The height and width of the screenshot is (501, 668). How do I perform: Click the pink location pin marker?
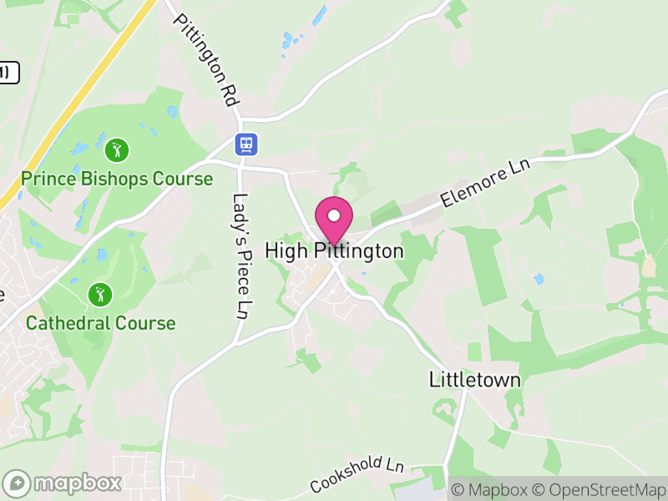tap(333, 219)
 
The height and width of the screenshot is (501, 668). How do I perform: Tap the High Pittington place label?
tap(334, 250)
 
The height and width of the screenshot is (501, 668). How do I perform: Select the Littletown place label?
tap(474, 380)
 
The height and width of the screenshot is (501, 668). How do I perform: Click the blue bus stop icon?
tap(245, 144)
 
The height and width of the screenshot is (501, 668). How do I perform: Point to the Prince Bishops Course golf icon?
tap(117, 150)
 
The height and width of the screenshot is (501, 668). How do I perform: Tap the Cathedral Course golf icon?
tap(100, 295)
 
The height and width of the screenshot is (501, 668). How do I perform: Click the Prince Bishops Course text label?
tap(117, 179)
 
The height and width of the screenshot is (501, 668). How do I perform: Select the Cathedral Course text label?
tap(101, 323)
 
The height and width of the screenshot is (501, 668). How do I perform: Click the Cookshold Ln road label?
tap(357, 474)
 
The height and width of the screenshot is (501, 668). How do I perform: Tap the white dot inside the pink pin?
tap(333, 215)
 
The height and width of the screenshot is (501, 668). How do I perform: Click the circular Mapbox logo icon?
tap(17, 483)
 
